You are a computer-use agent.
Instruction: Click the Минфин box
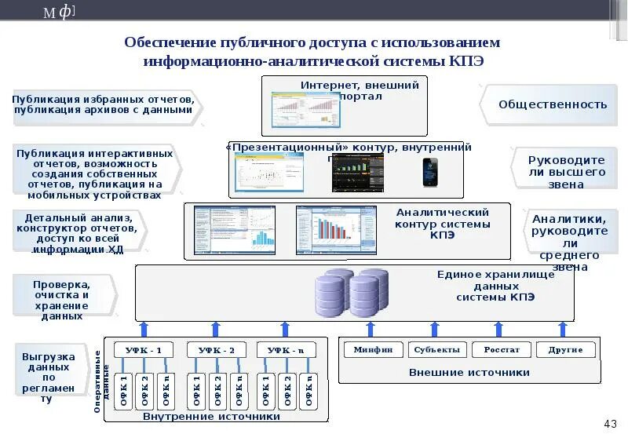pyautogui.click(x=373, y=349)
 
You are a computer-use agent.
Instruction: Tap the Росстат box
pyautogui.click(x=502, y=349)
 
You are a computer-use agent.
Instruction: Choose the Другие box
pyautogui.click(x=565, y=349)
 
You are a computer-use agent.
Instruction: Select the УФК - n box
pyautogui.click(x=285, y=350)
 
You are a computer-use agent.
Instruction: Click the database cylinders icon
pyautogui.click(x=351, y=292)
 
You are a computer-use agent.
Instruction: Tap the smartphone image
pyautogui.click(x=429, y=172)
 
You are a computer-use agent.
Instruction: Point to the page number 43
pyautogui.click(x=611, y=424)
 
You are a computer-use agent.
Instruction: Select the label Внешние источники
pyautogui.click(x=469, y=372)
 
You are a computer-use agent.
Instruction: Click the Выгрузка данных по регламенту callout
pyautogui.click(x=49, y=377)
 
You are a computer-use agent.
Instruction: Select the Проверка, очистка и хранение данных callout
pyautogui.click(x=61, y=300)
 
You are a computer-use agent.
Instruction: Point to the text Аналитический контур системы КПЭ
pyautogui.click(x=442, y=224)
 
